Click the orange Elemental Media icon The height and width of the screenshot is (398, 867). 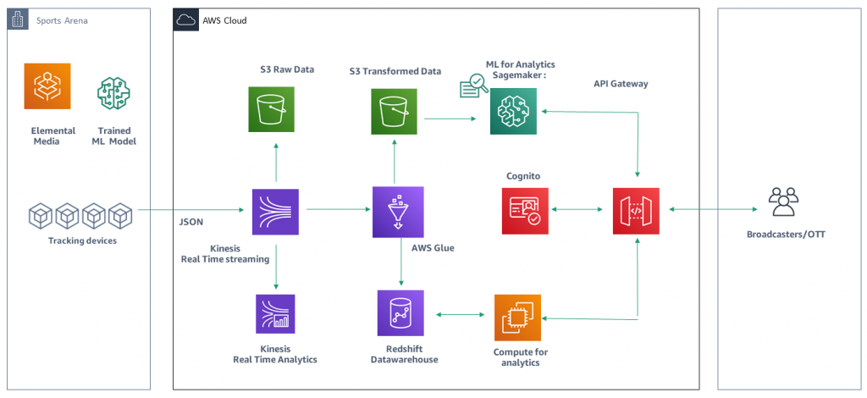[x=47, y=87]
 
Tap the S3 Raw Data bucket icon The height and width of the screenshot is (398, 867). [x=272, y=110]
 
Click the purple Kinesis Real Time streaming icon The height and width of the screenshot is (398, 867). [x=275, y=212]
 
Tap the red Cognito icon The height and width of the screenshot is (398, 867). [x=525, y=211]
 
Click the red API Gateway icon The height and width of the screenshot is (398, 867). [x=636, y=211]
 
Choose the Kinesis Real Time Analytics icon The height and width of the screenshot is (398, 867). [x=275, y=314]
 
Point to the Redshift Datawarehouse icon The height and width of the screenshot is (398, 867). [x=400, y=314]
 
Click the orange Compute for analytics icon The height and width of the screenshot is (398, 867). [x=516, y=318]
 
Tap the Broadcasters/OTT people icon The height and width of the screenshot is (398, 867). [x=782, y=203]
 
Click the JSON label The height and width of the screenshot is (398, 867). [x=191, y=223]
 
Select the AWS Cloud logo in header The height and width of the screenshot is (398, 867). [x=185, y=19]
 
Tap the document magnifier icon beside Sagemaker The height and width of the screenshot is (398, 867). [x=472, y=85]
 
